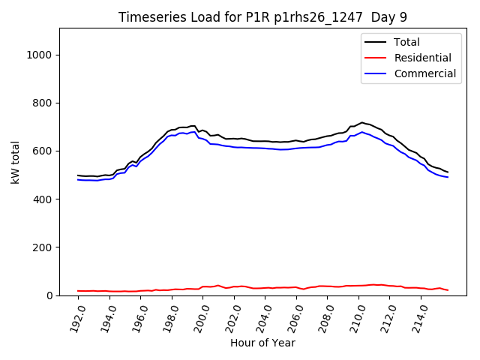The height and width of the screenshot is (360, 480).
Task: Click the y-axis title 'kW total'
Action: tap(16, 162)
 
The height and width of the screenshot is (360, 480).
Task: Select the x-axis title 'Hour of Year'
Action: tap(262, 343)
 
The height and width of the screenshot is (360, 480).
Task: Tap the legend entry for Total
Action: tap(407, 42)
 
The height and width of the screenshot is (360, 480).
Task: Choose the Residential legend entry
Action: tap(422, 58)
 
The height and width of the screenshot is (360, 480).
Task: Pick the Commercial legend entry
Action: tap(424, 73)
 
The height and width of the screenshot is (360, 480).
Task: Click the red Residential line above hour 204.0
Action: tap(265, 288)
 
